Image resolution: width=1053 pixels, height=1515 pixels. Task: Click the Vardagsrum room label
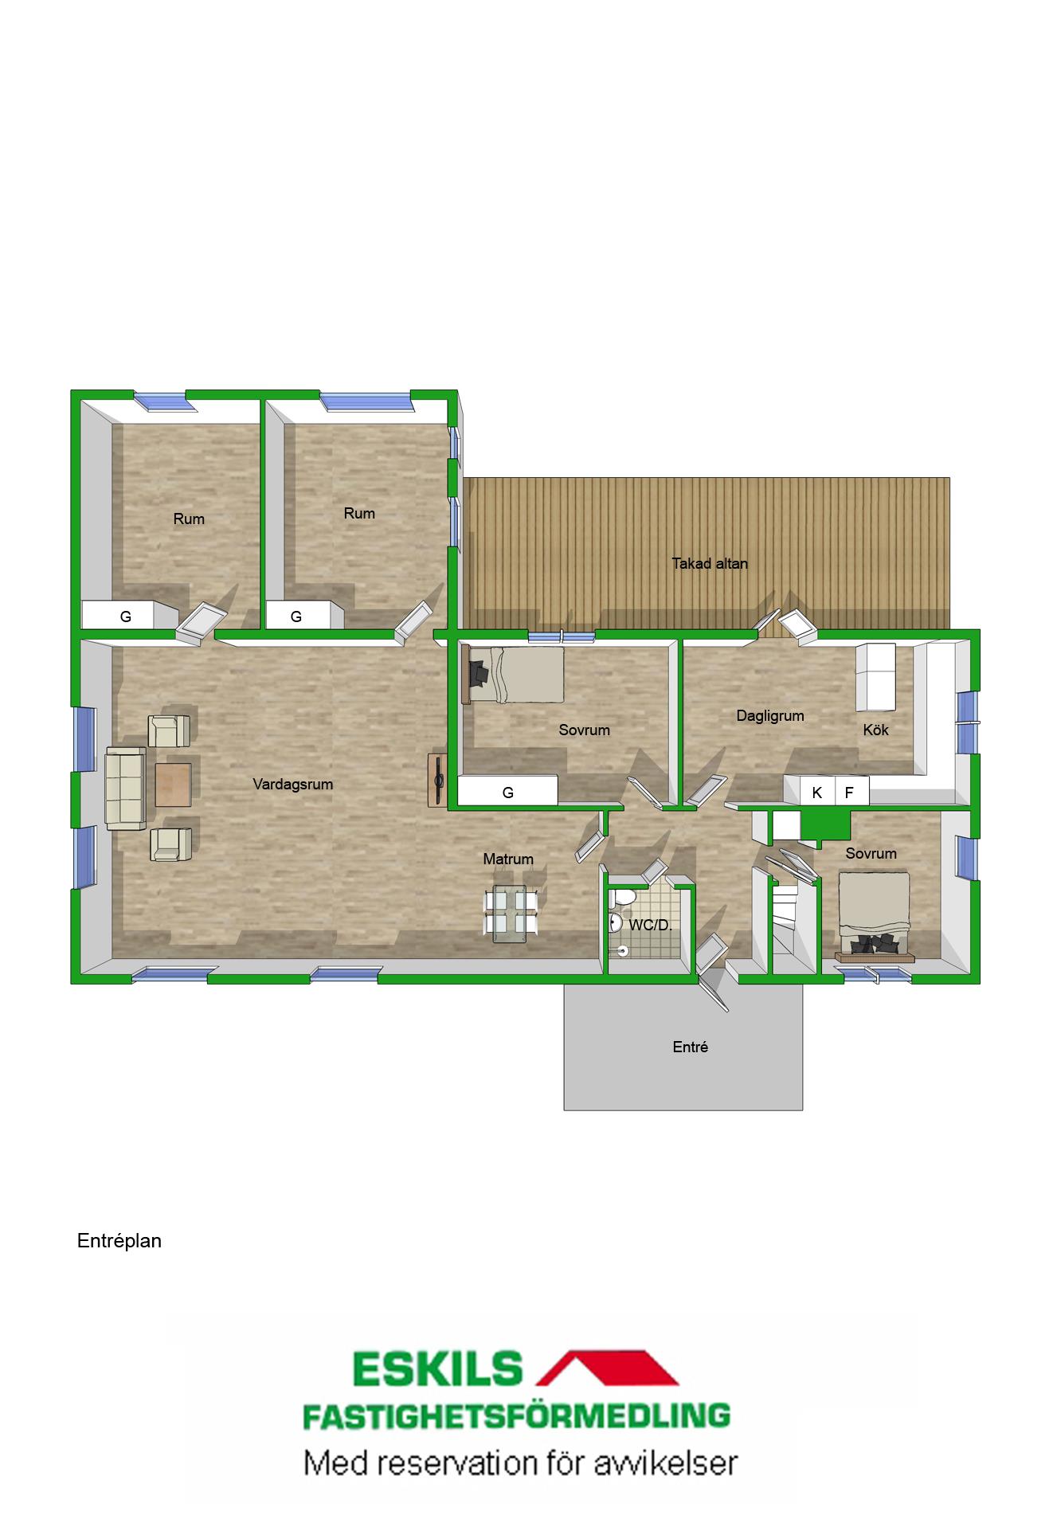pos(292,785)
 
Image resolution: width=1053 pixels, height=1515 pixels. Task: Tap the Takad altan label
pos(710,564)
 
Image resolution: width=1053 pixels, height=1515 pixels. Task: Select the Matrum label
pos(508,859)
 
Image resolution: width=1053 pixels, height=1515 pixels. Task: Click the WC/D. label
pos(651,926)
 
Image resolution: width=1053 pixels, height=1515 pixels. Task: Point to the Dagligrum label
pos(770,716)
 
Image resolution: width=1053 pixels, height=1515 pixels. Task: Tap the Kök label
pos(875,730)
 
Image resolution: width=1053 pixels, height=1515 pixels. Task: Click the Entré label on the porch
pos(691,1047)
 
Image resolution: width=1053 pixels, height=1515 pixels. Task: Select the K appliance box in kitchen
pos(816,792)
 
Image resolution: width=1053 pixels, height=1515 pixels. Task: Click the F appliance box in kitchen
pos(851,792)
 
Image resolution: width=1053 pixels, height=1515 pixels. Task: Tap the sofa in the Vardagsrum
pos(126,786)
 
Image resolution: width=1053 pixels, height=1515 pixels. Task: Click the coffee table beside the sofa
pos(173,785)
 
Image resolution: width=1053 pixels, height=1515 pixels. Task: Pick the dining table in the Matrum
pos(511,913)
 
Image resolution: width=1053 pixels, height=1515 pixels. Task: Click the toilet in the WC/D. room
pos(622,898)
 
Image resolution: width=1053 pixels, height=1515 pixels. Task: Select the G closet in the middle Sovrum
pos(507,792)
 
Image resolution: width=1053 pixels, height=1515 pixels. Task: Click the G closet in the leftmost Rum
pos(126,615)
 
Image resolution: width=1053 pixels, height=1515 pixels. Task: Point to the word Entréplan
pos(119,1241)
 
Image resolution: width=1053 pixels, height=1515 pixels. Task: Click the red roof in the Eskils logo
pos(609,1369)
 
